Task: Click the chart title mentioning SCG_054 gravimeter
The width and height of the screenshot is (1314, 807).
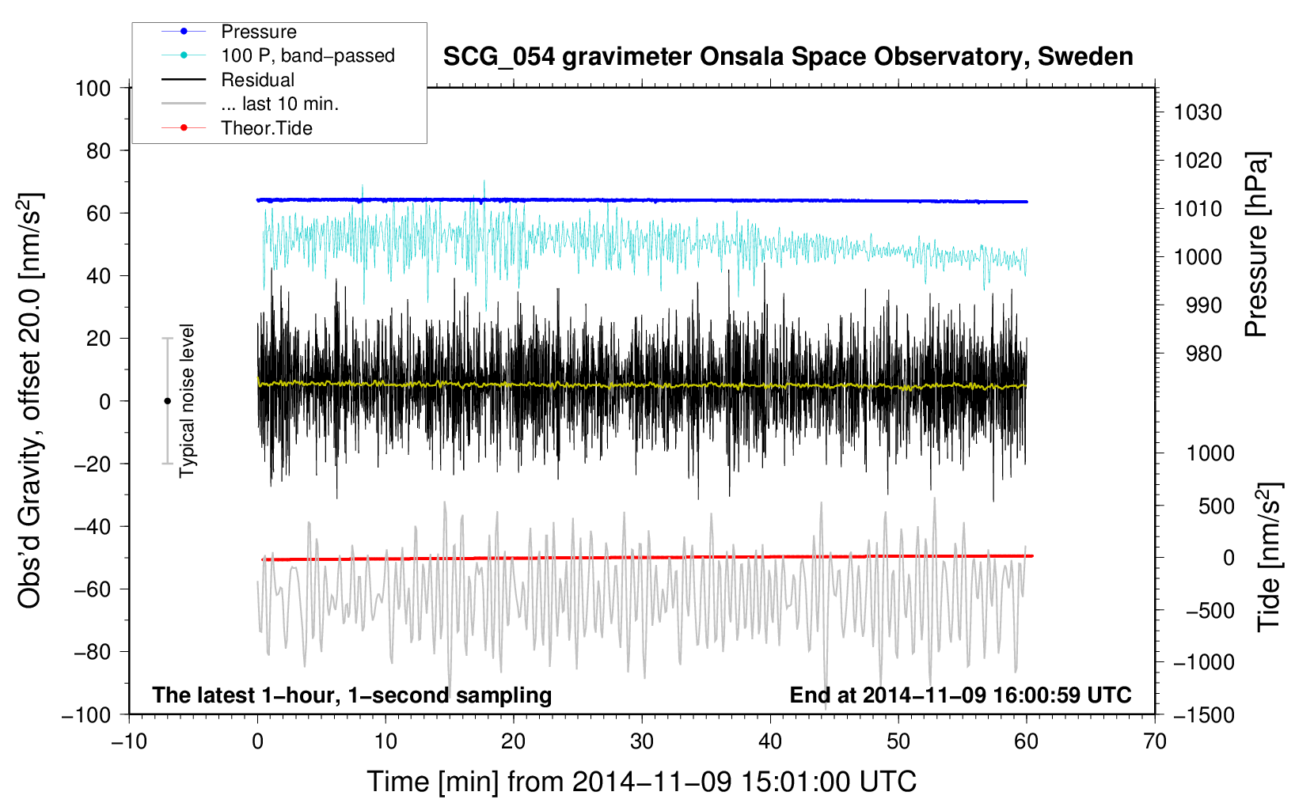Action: [x=788, y=57]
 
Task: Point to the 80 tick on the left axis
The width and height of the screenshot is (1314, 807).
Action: [x=98, y=151]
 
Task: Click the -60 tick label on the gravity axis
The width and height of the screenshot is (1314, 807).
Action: [x=92, y=589]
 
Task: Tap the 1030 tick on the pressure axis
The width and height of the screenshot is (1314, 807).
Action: [x=1198, y=112]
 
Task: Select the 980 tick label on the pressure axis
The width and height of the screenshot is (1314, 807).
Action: [x=1204, y=354]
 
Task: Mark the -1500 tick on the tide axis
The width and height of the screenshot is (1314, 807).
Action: [x=1203, y=715]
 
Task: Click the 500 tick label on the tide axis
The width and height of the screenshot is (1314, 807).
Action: [x=1216, y=506]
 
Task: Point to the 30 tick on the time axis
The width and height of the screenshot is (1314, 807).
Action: [x=642, y=742]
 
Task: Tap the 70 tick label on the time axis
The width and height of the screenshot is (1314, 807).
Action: [x=1154, y=742]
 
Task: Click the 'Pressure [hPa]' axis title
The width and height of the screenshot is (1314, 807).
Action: [x=1256, y=244]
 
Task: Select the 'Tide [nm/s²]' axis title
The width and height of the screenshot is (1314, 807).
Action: [x=1270, y=556]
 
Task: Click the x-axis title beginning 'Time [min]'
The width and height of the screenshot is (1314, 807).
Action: [x=641, y=782]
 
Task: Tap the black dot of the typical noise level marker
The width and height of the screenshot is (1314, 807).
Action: [x=167, y=401]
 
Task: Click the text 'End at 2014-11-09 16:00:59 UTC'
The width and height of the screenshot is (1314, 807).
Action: [x=960, y=695]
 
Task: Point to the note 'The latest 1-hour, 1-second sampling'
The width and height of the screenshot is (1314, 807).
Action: [x=352, y=695]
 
